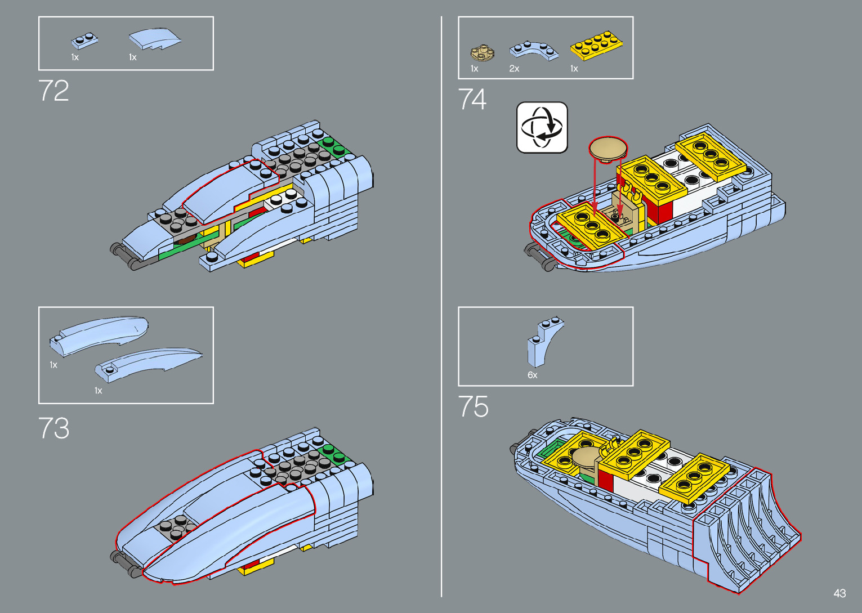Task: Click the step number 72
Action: (53, 91)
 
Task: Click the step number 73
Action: (54, 428)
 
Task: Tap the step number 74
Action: (472, 99)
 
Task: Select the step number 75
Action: (473, 406)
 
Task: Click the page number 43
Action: (839, 593)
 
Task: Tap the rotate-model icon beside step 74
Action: (542, 127)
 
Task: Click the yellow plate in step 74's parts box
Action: (596, 46)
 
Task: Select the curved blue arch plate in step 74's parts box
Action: (534, 50)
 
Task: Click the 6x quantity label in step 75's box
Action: (532, 375)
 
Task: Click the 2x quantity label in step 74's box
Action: (514, 69)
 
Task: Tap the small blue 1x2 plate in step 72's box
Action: (84, 41)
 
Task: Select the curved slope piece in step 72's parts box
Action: (154, 38)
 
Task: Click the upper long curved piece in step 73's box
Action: (99, 335)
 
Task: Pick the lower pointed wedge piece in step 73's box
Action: (148, 364)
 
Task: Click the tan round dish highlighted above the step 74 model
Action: (608, 149)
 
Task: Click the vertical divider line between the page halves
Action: (441, 307)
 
